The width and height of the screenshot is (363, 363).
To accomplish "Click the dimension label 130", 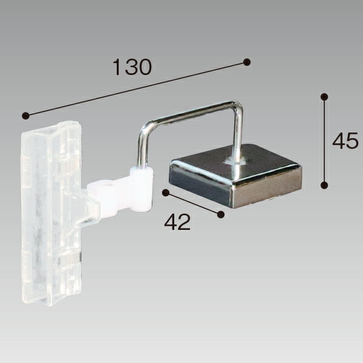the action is (132, 67).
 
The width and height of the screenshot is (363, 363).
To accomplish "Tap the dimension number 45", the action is (345, 140).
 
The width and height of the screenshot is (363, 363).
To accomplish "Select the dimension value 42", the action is (177, 222).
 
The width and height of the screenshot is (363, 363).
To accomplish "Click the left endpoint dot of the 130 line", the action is (25, 116).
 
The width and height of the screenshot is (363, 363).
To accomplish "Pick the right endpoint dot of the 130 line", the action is (247, 62).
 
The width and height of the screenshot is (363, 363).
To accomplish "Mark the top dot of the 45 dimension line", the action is (324, 97).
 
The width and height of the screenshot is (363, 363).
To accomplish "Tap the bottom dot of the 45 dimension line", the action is (324, 185).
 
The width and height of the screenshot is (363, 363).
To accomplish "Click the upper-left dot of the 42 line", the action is (166, 192).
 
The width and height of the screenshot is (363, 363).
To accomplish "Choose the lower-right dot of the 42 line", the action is (221, 214).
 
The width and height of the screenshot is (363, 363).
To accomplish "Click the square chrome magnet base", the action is (235, 176).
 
